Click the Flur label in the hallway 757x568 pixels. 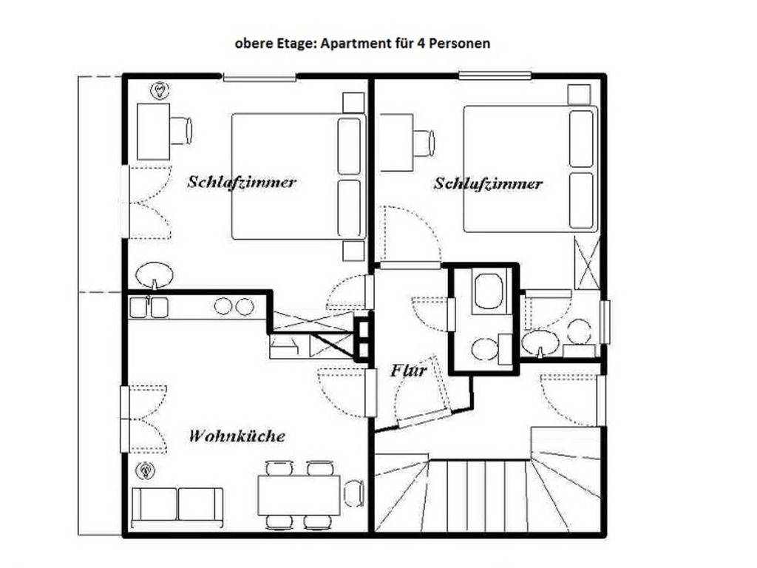(x=408, y=371)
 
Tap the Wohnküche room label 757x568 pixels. (x=237, y=436)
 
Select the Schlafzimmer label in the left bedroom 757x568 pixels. (x=242, y=181)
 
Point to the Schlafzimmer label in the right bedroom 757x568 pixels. (x=488, y=183)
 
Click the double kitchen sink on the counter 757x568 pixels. (x=149, y=307)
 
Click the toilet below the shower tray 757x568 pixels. (x=485, y=348)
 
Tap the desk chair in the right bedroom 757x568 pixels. (x=424, y=143)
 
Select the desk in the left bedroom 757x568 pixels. (x=153, y=131)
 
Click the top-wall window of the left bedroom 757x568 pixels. (x=259, y=76)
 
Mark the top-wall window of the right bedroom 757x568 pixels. (x=494, y=75)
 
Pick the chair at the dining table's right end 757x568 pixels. (x=354, y=493)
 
